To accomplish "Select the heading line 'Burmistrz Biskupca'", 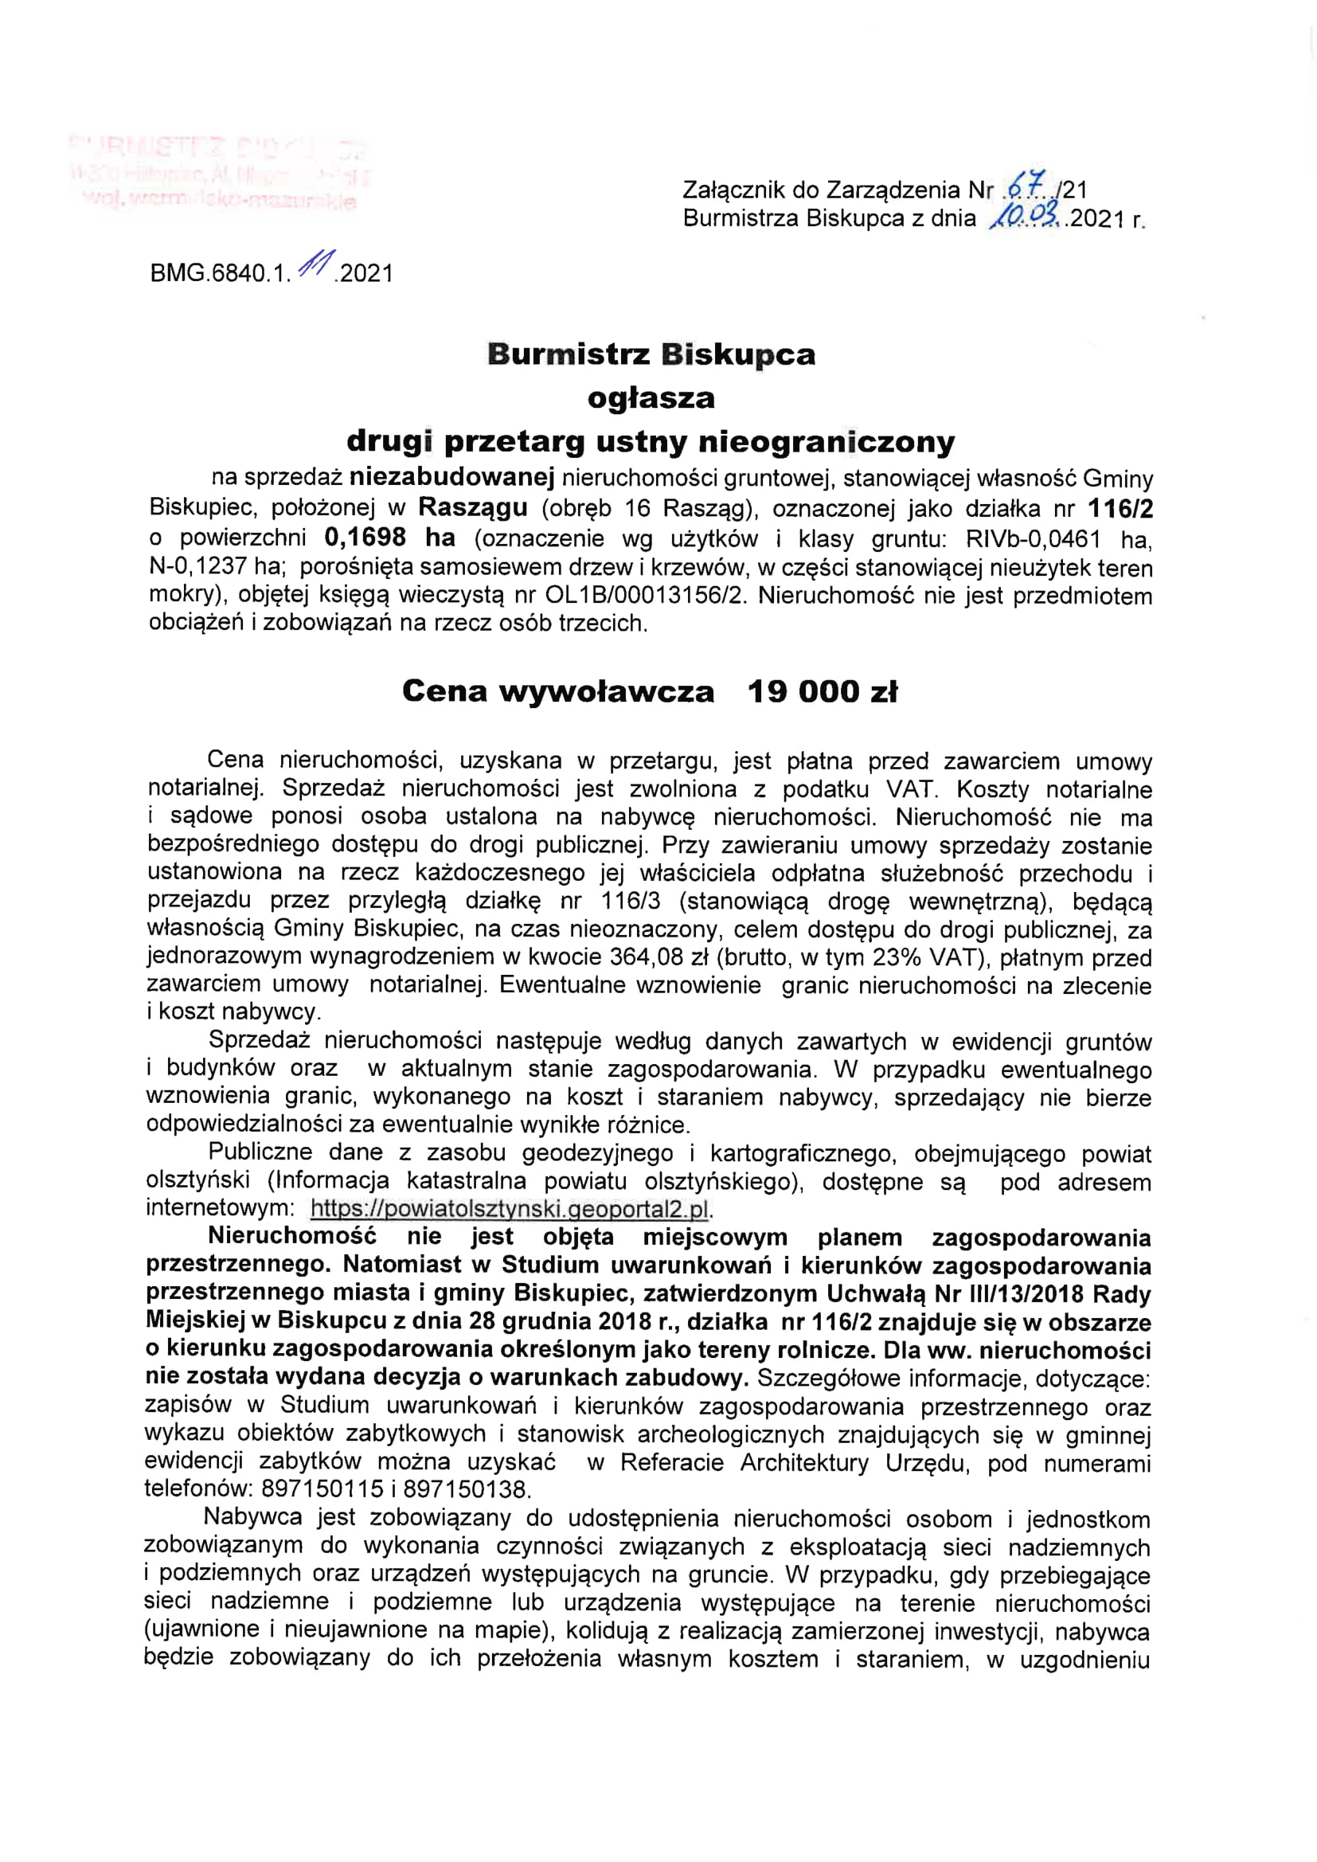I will coord(651,354).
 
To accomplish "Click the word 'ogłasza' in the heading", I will coord(651,398).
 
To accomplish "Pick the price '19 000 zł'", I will coord(823,692).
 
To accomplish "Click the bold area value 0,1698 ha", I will coord(389,537).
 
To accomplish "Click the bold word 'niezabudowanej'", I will coord(452,479).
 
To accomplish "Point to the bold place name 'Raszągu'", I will coord(473,508).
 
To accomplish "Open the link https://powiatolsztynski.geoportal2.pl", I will coord(510,1208).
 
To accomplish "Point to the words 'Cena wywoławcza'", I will coord(558,692).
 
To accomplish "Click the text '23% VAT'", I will coord(927,957).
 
